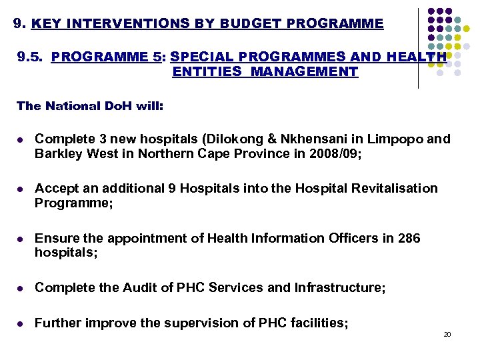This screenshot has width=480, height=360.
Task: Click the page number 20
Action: (x=447, y=334)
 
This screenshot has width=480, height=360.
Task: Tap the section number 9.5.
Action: (x=31, y=57)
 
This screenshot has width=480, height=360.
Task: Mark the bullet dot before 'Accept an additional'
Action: (x=21, y=189)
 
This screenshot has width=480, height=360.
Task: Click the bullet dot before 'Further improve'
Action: (x=21, y=324)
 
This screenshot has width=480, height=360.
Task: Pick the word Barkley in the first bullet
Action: (x=58, y=155)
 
